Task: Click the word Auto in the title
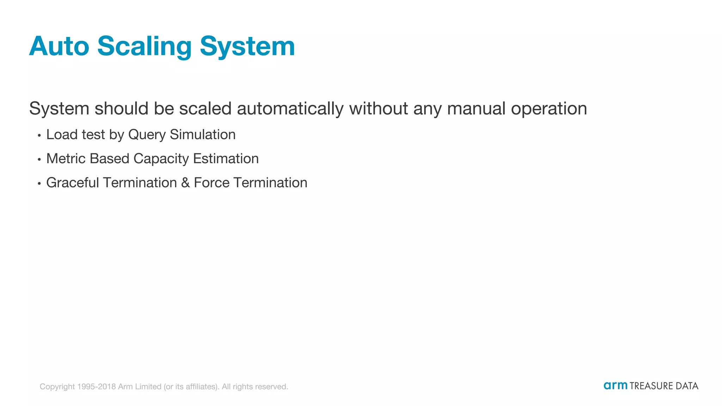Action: [x=59, y=46]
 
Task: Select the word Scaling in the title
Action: [x=144, y=46]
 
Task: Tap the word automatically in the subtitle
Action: [x=290, y=108]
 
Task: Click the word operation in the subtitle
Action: [x=549, y=109]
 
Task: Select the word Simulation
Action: [x=203, y=135]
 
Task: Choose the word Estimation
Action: [x=226, y=159]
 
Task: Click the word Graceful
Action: [x=73, y=183]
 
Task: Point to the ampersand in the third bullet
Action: [x=185, y=183]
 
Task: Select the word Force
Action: [x=212, y=183]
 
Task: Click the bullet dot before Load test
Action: [x=39, y=135]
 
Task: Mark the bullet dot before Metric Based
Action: [x=39, y=159]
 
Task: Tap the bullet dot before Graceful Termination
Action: [x=39, y=183]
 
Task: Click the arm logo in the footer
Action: [x=615, y=386]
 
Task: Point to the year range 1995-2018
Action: [x=96, y=387]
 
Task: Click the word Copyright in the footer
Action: [x=57, y=387]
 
